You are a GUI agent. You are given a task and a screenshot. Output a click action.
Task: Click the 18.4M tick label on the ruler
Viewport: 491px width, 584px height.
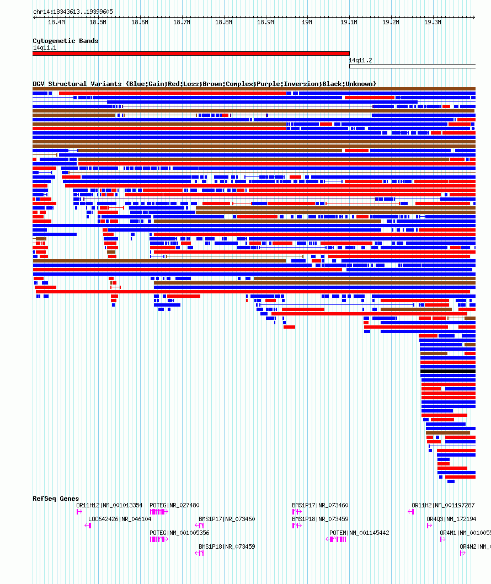click(x=56, y=23)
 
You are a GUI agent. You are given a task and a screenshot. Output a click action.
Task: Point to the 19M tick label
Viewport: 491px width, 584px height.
click(x=307, y=23)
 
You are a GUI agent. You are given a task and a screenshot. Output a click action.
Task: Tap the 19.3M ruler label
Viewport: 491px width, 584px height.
click(x=433, y=23)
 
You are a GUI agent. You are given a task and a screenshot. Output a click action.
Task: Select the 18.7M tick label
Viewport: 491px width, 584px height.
click(x=182, y=23)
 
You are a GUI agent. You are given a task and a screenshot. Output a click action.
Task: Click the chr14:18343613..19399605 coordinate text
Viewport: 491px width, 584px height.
click(x=73, y=12)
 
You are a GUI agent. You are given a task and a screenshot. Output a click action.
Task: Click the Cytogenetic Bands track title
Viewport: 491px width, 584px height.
click(x=65, y=41)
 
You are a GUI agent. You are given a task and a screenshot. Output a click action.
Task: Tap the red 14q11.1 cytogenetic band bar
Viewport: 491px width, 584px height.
click(x=191, y=53)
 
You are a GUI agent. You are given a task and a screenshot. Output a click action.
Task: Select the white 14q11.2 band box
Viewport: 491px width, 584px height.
click(x=412, y=66)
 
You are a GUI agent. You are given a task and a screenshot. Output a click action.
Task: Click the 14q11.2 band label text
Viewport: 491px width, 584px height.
click(x=361, y=60)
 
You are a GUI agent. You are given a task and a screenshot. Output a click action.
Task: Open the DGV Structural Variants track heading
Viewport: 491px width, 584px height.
click(x=204, y=84)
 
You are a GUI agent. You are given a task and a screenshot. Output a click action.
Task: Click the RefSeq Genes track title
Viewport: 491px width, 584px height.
click(x=56, y=499)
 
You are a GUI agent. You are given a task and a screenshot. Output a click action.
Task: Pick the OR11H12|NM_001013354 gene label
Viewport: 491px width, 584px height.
click(x=109, y=505)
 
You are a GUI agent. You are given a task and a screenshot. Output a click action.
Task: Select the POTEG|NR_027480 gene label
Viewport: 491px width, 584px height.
click(x=175, y=505)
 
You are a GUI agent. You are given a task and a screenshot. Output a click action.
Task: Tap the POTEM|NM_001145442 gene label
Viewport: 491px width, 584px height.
click(x=359, y=533)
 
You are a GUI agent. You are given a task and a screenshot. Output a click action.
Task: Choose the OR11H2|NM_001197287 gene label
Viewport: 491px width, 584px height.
click(x=443, y=505)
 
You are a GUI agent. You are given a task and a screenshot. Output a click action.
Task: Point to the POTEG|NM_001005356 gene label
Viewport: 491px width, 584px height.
click(x=180, y=533)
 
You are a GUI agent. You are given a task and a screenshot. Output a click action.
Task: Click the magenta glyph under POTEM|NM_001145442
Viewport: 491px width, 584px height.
click(x=337, y=539)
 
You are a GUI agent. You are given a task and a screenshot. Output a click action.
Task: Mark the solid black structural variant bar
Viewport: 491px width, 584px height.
click(x=447, y=371)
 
